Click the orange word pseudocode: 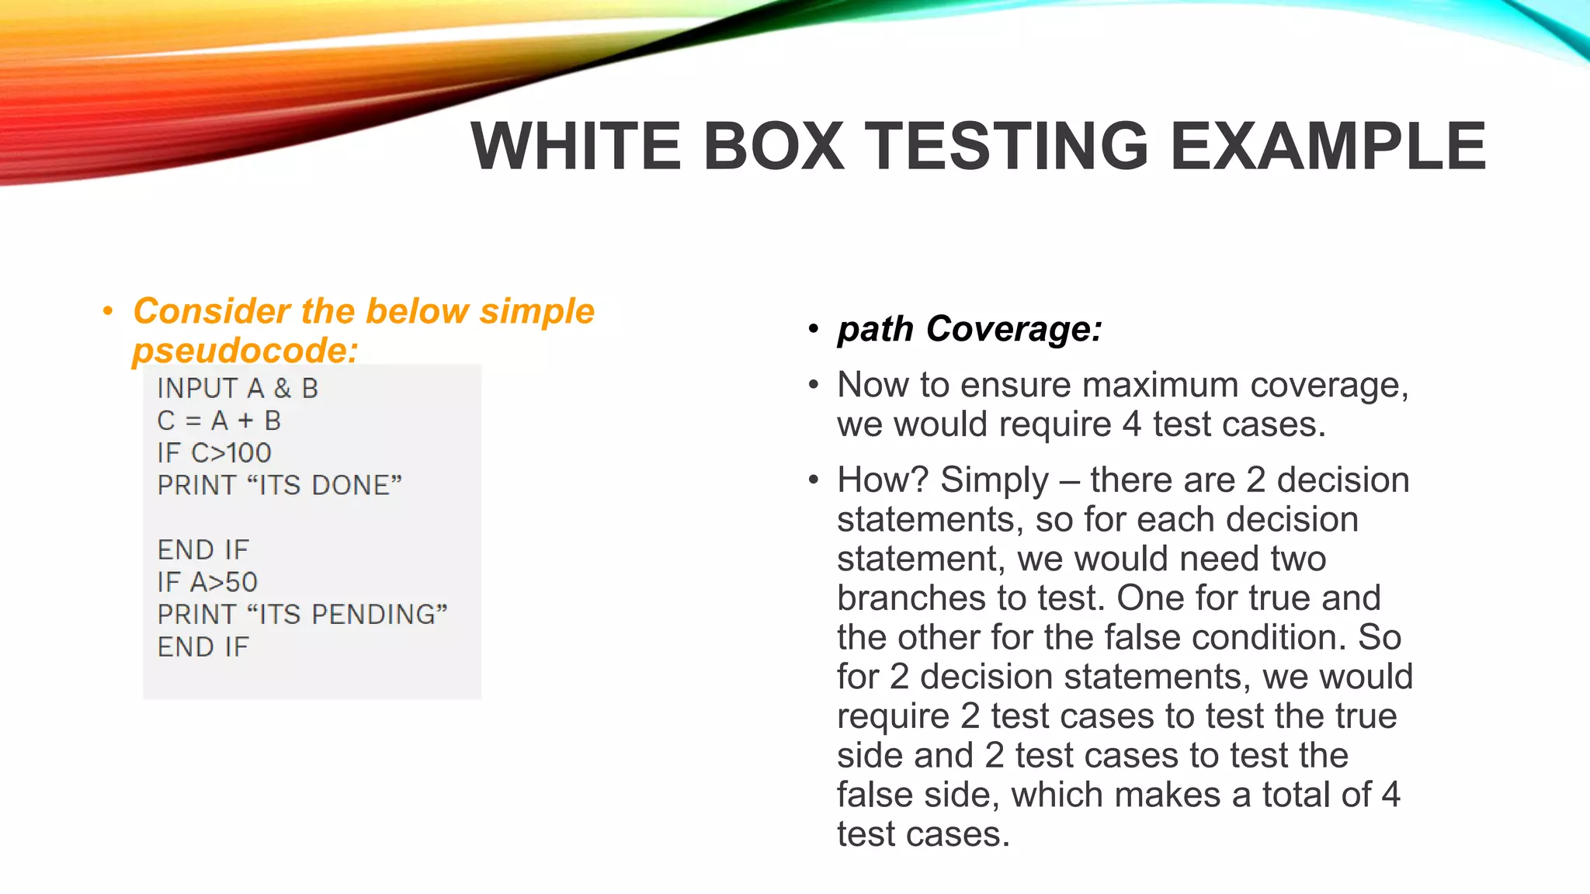pos(245,350)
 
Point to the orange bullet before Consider pos(108,312)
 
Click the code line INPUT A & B pos(238,388)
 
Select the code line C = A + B pos(219,421)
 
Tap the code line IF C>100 pos(214,452)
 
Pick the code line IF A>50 pos(207,582)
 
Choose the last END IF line pos(203,646)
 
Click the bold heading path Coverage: pos(970,329)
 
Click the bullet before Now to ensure pos(813,385)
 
